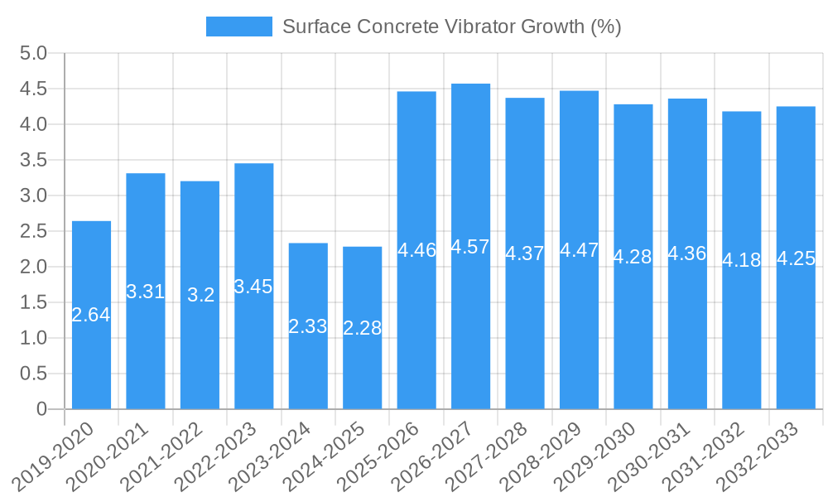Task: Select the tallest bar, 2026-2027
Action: [x=470, y=331]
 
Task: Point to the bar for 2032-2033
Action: [x=796, y=331]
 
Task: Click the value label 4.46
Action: [x=416, y=250]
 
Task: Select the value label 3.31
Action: [x=146, y=292]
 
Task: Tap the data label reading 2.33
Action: [x=308, y=326]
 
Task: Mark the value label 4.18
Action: [x=741, y=260]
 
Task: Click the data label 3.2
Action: [x=200, y=295]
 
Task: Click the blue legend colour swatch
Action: [x=238, y=27]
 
